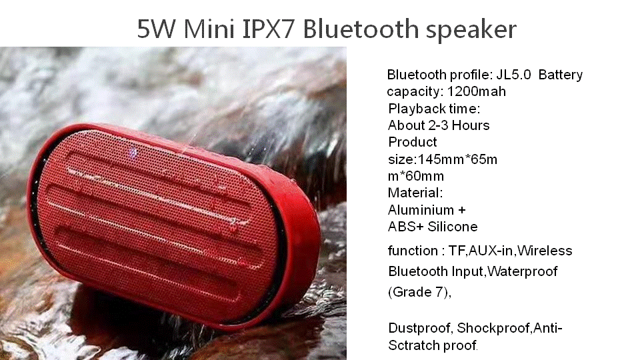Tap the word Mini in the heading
point(209,29)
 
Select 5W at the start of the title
point(156,29)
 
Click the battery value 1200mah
point(476,91)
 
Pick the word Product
point(412,142)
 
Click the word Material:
point(415,193)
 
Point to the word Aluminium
point(421,210)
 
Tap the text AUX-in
point(491,251)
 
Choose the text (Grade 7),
point(419,292)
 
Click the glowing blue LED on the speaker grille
point(133,153)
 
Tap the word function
point(413,251)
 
